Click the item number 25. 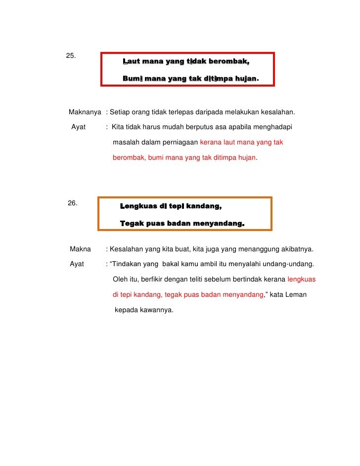(71, 55)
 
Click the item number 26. (72, 203)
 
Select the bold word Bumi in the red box (133, 78)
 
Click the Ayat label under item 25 (79, 127)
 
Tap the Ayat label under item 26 (77, 264)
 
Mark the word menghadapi (272, 127)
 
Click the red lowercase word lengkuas (301, 279)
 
